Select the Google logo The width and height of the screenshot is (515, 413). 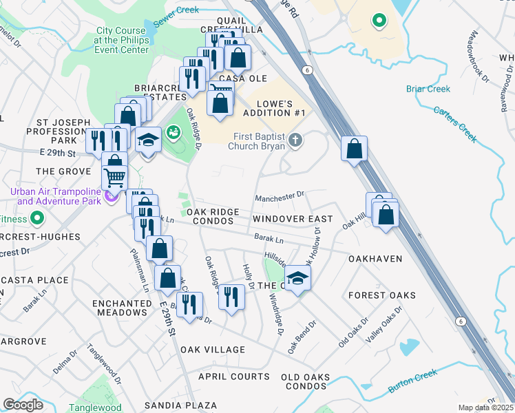(23, 405)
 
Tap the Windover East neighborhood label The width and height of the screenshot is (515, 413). (292, 219)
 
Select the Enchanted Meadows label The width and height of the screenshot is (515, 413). (120, 308)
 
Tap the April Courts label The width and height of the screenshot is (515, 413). (234, 377)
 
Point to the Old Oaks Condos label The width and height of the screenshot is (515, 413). (306, 381)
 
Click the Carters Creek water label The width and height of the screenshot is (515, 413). (454, 124)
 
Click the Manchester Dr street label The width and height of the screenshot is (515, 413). (279, 196)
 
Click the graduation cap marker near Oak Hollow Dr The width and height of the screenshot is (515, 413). (297, 278)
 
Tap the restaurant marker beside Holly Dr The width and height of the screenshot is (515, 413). (231, 296)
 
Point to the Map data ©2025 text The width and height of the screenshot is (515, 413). (485, 407)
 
